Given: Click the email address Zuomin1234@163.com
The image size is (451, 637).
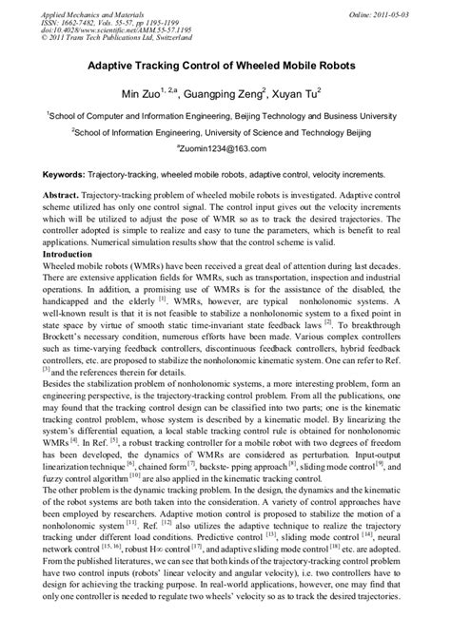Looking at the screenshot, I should (225, 149).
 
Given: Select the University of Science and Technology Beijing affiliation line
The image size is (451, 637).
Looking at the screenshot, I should (225, 131).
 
